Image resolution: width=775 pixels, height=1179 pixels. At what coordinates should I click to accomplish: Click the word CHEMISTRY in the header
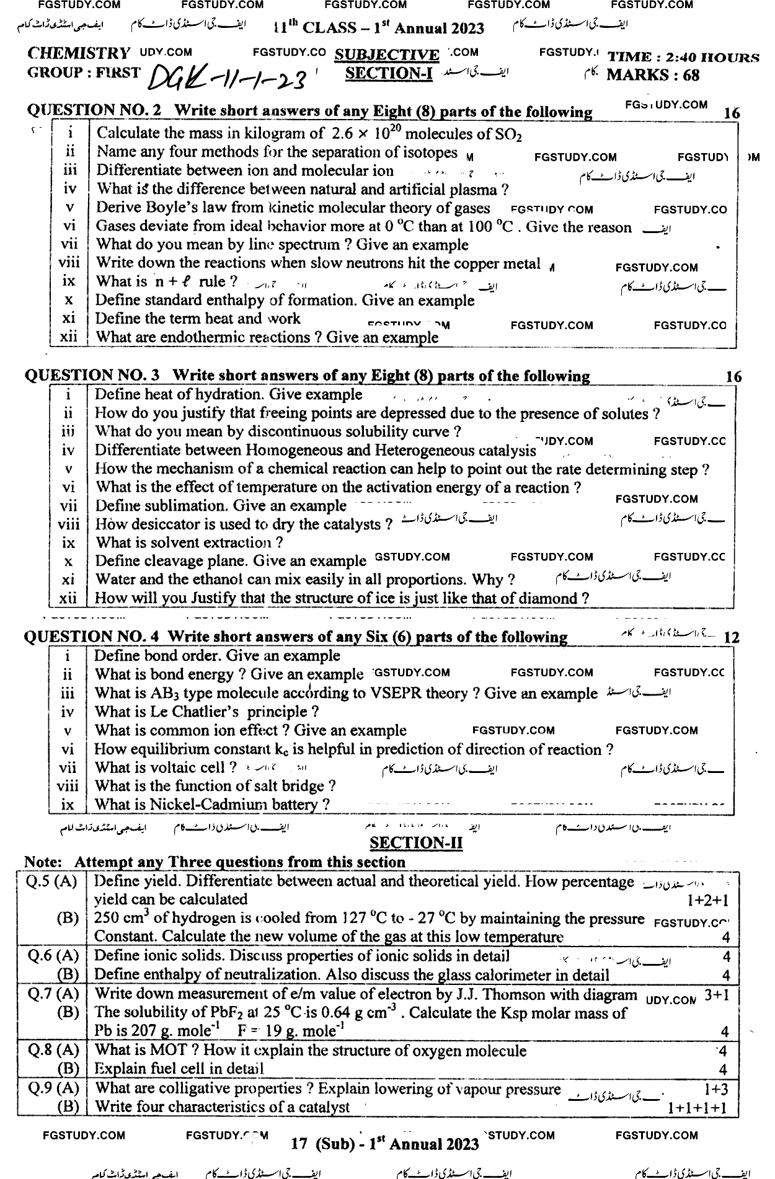79,53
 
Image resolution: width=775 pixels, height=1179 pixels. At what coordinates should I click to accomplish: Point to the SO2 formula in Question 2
507,134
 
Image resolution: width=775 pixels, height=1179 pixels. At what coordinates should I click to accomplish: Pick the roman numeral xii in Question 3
68,598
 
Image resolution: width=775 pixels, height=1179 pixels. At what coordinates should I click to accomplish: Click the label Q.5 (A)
52,881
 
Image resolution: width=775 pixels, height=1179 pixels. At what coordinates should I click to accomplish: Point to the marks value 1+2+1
708,900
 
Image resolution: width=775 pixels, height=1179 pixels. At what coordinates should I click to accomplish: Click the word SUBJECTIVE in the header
386,55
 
